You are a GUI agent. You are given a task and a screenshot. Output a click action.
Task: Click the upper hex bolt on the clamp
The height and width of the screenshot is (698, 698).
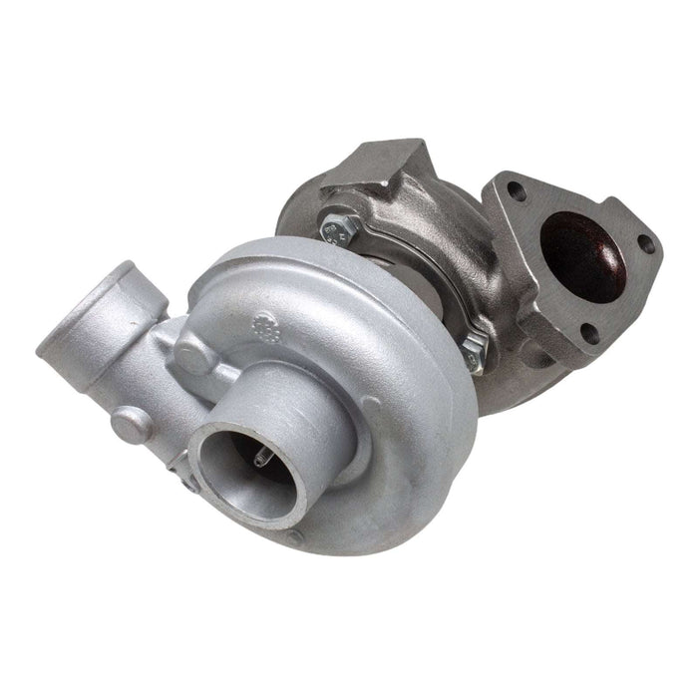pos(336,230)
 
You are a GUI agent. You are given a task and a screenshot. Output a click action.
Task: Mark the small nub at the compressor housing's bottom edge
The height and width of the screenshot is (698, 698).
pos(294,537)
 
